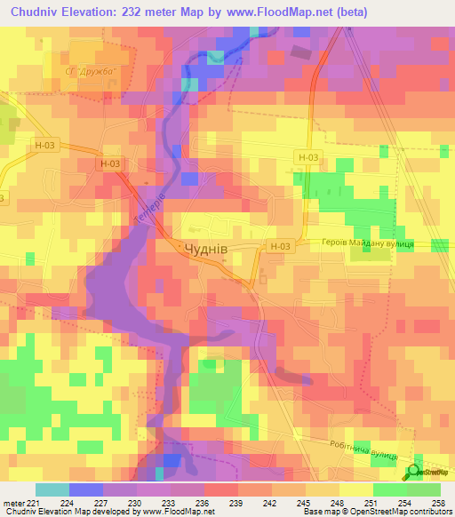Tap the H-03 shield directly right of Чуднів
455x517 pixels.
point(278,246)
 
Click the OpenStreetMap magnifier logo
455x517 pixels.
point(415,472)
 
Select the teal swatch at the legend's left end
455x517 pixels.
point(52,489)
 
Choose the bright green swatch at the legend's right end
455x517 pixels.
point(424,489)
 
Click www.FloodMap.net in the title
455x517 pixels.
point(275,11)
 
